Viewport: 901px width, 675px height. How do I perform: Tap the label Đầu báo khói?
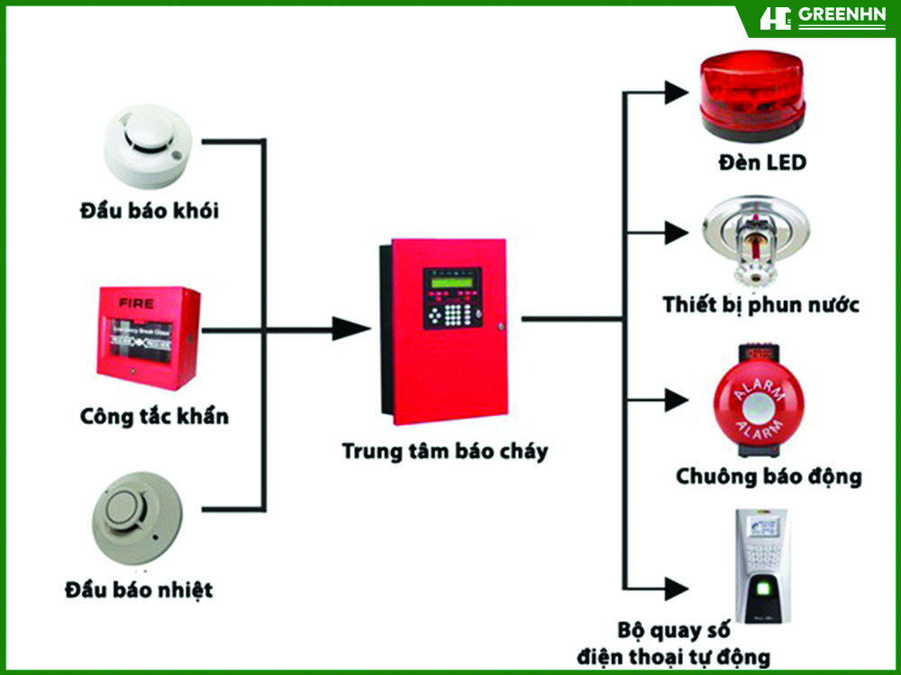149,211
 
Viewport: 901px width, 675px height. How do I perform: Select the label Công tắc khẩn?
154,417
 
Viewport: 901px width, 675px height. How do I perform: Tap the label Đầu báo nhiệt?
140,590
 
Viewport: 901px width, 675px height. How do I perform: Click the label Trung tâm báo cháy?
444,451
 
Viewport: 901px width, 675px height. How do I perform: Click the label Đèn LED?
762,163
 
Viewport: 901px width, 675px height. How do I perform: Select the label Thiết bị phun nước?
760,304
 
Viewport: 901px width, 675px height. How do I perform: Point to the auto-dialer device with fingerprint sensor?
760,566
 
